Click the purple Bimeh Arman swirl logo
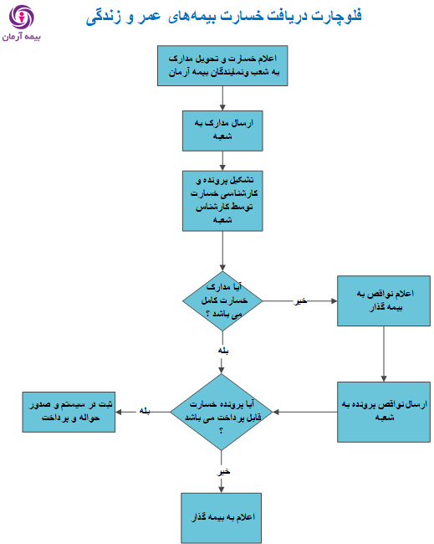(x=22, y=17)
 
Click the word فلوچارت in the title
(x=336, y=16)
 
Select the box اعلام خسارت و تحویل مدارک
(x=222, y=65)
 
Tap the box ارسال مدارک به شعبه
(x=222, y=131)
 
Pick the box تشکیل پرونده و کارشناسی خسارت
(x=222, y=201)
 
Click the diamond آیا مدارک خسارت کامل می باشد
(x=222, y=300)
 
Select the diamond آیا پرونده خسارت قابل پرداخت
(x=221, y=412)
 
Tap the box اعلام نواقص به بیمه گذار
(x=384, y=300)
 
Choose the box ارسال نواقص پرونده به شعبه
(x=384, y=412)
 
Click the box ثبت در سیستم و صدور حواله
(x=69, y=412)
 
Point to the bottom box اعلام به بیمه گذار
(x=221, y=518)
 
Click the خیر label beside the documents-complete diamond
(x=300, y=300)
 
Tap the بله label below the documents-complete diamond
(x=223, y=351)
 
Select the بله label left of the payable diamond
(x=145, y=411)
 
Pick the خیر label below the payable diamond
(x=224, y=472)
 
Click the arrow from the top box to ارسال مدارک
(x=222, y=98)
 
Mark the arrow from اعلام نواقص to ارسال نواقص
(x=384, y=354)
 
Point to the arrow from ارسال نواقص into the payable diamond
(x=305, y=412)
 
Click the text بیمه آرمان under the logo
(x=22, y=37)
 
